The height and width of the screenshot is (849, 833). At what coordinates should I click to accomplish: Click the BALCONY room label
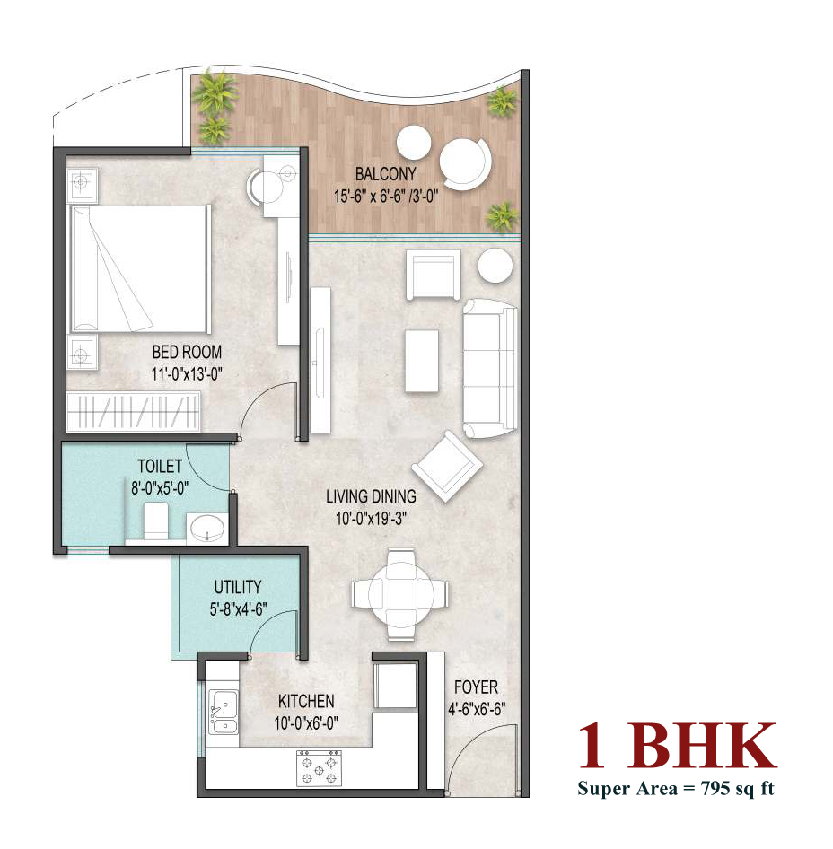386,174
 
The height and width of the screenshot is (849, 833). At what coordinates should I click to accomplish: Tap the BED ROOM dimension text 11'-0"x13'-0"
187,374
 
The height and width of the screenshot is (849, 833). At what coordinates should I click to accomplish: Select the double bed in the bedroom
138,268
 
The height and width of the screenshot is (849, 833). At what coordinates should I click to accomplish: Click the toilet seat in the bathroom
155,521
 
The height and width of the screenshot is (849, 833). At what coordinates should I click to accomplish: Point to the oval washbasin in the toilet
206,528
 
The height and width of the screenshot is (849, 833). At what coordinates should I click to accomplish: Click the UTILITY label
238,587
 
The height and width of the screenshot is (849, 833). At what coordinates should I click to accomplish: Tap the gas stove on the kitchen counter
319,768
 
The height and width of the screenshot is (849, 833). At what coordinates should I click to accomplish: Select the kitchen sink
224,712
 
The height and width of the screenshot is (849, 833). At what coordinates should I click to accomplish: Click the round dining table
400,594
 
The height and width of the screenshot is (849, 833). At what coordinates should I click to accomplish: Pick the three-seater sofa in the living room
489,368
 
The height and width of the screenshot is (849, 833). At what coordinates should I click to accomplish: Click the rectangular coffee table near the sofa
422,361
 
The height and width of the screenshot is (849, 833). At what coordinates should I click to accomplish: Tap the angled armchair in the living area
447,466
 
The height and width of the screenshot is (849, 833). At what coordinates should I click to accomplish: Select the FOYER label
476,687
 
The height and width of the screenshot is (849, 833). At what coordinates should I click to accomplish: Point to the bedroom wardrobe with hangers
133,412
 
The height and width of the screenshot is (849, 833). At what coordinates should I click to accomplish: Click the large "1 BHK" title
677,746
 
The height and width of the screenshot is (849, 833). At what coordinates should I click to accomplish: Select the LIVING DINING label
371,496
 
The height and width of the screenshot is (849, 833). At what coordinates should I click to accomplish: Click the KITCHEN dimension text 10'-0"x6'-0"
306,723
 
